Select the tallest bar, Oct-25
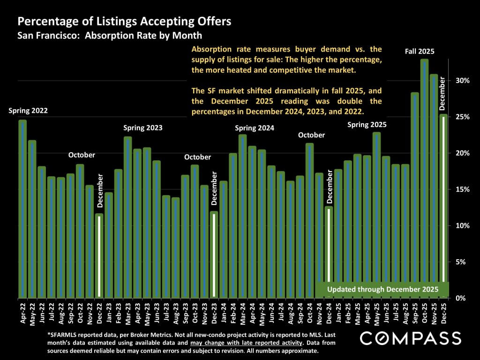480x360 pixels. [424, 178]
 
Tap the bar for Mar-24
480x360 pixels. [242, 216]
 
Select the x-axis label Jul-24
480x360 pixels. [281, 312]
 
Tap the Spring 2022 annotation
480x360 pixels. [28, 111]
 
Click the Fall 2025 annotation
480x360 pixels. [420, 51]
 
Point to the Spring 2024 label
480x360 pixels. [255, 127]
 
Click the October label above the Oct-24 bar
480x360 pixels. [312, 135]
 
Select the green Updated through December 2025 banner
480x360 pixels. [382, 289]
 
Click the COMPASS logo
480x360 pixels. [410, 338]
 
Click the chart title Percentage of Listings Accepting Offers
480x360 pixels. [124, 22]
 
